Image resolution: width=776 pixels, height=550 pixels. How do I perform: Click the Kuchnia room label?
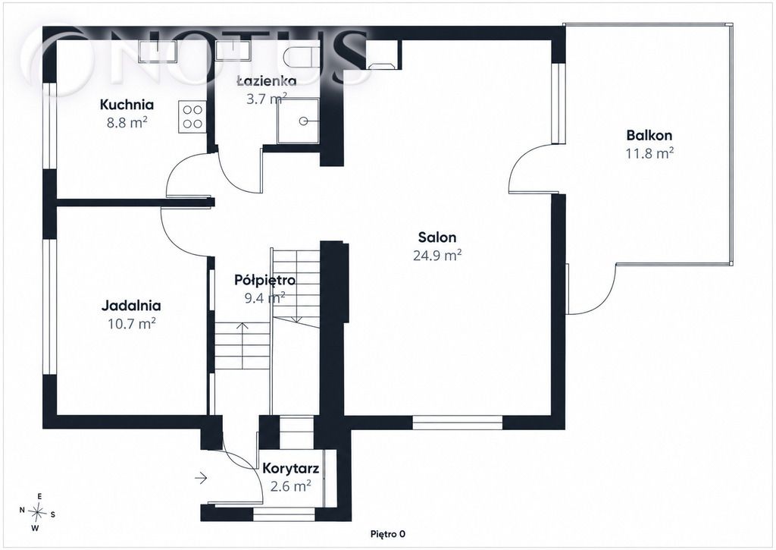(x=127, y=105)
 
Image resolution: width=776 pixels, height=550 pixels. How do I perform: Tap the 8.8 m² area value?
(x=127, y=122)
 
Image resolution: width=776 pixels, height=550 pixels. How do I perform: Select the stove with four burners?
(x=192, y=117)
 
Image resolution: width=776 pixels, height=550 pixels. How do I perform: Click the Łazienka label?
(x=266, y=80)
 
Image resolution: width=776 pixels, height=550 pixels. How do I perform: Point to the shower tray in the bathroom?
(x=298, y=121)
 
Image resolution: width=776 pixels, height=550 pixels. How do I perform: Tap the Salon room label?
(x=437, y=237)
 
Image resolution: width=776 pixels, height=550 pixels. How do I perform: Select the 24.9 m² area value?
(x=437, y=255)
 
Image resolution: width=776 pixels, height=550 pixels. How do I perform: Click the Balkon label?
(x=649, y=135)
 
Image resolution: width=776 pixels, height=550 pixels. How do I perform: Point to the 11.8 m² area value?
(x=649, y=153)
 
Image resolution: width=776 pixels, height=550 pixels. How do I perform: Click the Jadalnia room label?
(x=131, y=306)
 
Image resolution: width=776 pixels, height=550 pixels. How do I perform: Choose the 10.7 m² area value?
(x=132, y=324)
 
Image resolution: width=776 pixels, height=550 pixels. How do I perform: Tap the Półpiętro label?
(x=264, y=281)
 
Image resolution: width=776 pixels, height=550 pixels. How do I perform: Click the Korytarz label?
(x=290, y=469)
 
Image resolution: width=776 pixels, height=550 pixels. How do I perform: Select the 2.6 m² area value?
(x=290, y=486)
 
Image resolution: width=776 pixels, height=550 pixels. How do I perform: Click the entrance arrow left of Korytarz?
(x=200, y=478)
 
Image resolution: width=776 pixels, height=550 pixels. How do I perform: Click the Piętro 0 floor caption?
(x=388, y=534)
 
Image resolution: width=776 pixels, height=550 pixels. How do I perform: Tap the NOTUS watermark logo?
(x=198, y=57)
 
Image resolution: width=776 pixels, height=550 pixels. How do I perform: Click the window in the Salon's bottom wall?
(x=457, y=422)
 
